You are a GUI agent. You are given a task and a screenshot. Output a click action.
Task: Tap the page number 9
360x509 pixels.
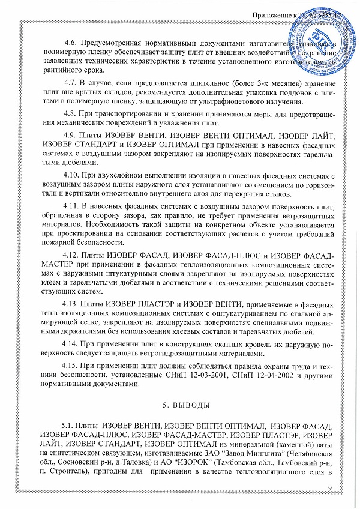point(329,493)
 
